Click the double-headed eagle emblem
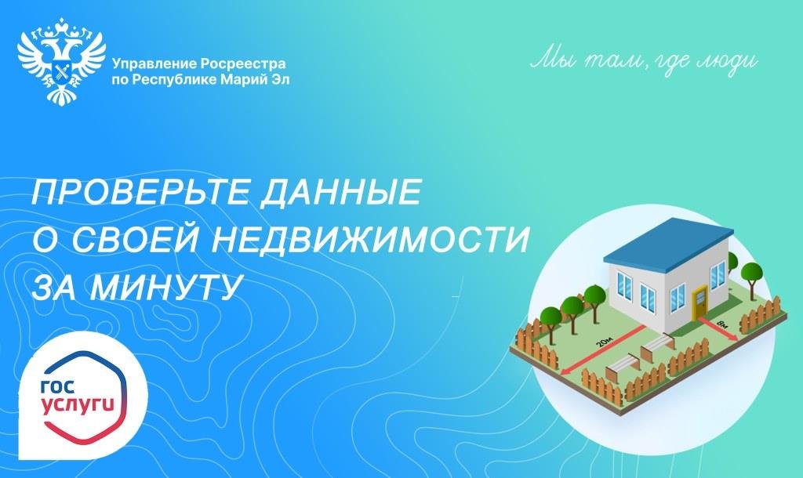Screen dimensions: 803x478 pyautogui.click(x=61, y=60)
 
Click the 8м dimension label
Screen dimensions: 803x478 pyautogui.click(x=722, y=324)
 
